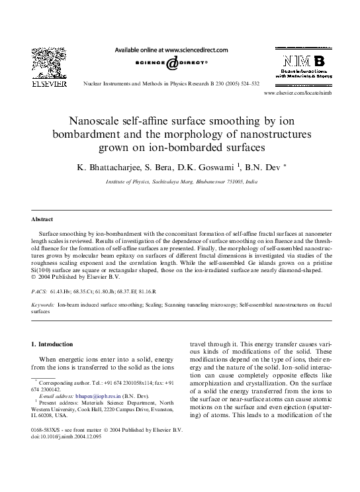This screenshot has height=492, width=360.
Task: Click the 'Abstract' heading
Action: (x=42, y=219)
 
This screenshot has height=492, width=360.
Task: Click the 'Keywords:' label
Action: (x=43, y=305)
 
